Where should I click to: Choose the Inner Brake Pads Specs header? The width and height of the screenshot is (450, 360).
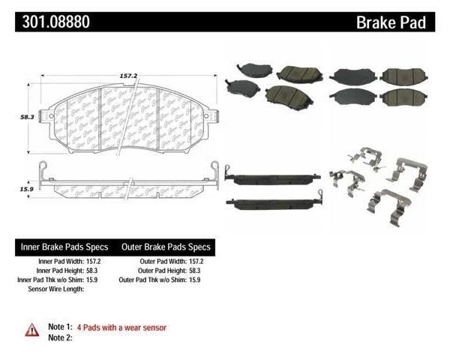(x=64, y=247)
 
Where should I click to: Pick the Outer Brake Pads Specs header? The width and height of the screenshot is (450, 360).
(x=164, y=247)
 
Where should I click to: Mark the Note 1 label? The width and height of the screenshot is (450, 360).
(x=58, y=328)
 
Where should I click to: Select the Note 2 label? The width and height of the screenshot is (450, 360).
(x=58, y=339)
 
